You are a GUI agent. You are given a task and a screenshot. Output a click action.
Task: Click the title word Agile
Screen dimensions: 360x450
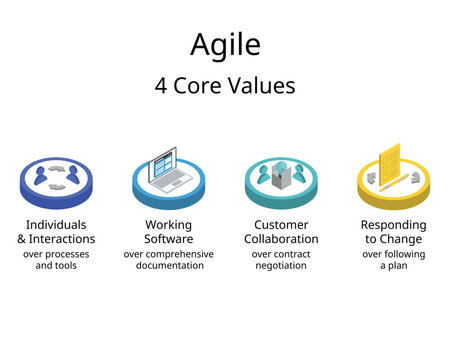coord(225,45)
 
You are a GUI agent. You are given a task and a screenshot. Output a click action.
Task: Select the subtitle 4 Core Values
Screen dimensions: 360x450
coord(225,86)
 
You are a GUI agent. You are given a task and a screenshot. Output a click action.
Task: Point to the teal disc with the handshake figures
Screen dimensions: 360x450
coord(281,180)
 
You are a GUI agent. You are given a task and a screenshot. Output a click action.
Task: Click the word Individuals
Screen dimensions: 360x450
coord(56,224)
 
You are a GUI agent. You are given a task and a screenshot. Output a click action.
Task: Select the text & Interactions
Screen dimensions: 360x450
coord(56,239)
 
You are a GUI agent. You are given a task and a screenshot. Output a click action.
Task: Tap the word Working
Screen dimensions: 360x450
coord(168,224)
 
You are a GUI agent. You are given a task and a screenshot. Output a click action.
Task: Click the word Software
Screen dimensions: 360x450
coord(168,239)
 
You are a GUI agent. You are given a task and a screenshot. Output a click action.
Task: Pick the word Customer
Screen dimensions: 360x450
coord(281,224)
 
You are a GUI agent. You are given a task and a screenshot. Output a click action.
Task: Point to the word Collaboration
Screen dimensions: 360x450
coord(281,239)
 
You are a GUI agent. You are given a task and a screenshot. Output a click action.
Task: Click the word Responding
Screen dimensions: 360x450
coord(393,224)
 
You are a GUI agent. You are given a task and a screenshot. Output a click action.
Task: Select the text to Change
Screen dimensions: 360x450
coord(393,239)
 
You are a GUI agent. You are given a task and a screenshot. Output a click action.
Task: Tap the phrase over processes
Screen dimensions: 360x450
coord(56,255)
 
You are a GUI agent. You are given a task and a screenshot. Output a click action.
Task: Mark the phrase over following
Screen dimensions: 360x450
coord(393,255)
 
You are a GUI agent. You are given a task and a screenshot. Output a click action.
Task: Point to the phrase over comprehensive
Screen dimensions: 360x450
coord(168,255)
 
